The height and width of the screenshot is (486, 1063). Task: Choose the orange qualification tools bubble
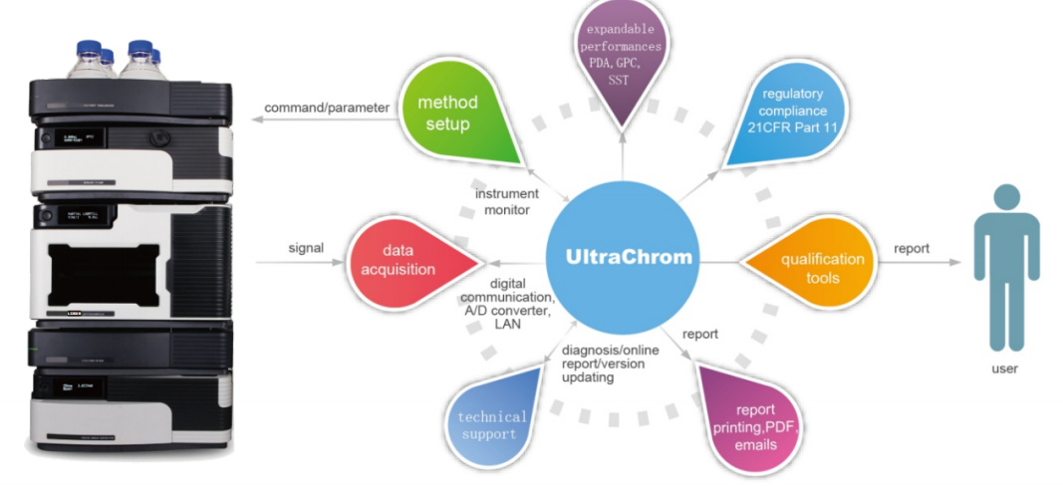(814, 267)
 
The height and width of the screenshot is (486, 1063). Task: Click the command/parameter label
(327, 108)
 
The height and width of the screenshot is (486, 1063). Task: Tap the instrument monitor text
(506, 202)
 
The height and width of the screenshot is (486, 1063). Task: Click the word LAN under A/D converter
(507, 325)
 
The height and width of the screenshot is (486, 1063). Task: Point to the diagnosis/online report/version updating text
(603, 363)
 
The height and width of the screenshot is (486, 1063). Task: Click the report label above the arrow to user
(912, 248)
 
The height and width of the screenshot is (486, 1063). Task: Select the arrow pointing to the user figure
(916, 263)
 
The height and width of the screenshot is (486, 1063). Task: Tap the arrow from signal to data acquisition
(299, 263)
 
